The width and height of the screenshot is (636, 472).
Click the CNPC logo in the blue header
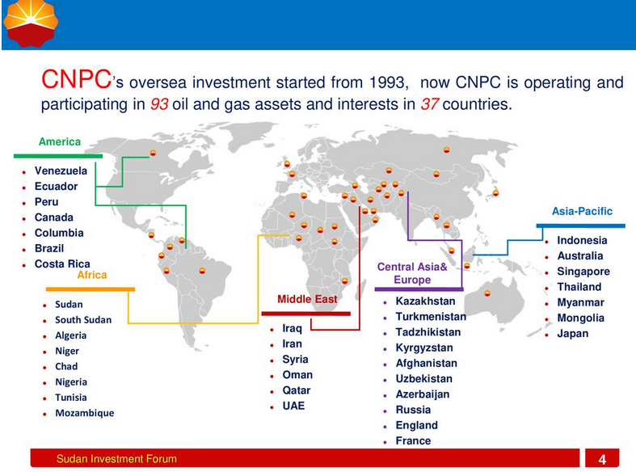point(31,23)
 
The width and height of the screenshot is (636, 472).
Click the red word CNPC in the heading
point(76,78)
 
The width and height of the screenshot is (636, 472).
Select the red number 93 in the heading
point(159,104)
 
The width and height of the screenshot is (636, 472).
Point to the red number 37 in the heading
point(430,104)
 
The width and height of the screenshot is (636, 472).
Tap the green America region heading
point(60,141)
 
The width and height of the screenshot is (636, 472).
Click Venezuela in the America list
point(61,171)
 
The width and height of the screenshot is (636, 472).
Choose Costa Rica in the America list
point(62,264)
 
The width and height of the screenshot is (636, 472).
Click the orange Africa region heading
point(92,275)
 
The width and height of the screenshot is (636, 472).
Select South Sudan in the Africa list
point(83,320)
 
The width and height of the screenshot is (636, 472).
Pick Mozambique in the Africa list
point(85,413)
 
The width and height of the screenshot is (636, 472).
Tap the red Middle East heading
point(307,299)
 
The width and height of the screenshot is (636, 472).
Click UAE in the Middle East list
point(293,406)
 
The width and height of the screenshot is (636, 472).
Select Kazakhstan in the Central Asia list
point(426,301)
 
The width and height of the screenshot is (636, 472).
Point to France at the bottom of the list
point(413,440)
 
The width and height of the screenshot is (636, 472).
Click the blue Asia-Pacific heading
point(582,211)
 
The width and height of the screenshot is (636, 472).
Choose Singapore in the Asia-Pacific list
point(583,272)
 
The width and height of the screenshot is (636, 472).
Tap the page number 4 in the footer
point(602,459)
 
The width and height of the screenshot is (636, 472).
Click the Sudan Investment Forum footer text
point(117,459)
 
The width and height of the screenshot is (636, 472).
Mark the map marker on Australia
point(487,293)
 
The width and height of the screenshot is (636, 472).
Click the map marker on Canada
point(153,153)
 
